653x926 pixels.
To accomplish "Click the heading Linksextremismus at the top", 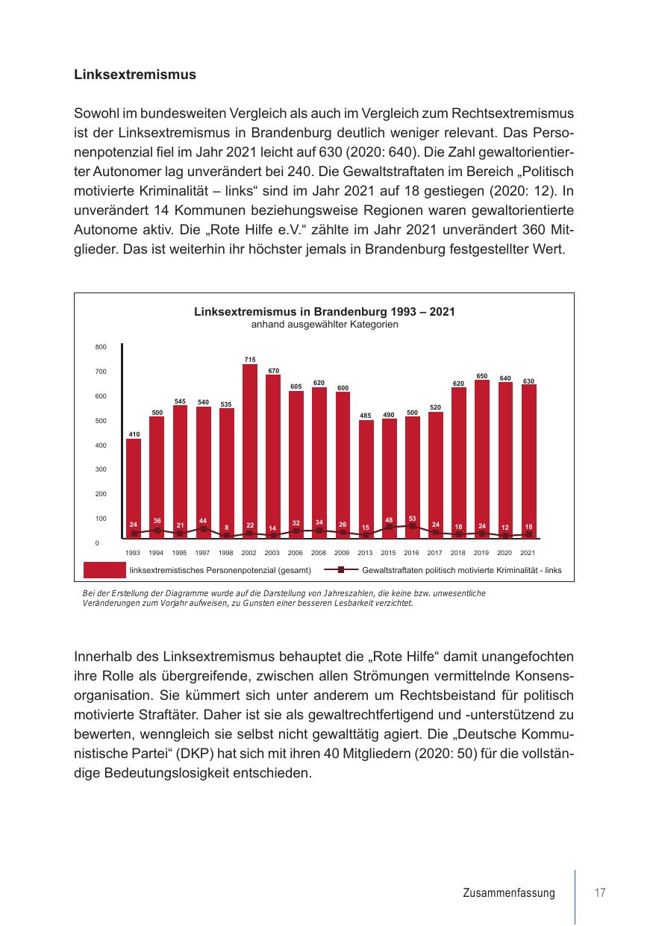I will tap(135, 75).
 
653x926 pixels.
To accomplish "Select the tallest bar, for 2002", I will tap(249, 448).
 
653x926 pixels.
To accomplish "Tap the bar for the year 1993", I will tap(134, 485).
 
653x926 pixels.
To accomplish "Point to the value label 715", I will tap(250, 360).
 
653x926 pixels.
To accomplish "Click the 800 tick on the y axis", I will tap(101, 347).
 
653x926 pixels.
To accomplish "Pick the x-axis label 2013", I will tap(365, 553).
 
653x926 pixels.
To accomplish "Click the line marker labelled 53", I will tap(412, 526).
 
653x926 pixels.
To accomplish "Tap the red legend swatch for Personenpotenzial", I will tap(104, 571).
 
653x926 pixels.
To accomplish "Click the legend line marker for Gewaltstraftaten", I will tap(340, 571).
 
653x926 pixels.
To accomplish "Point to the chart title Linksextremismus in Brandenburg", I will tap(325, 312).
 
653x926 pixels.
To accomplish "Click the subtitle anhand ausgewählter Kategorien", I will tap(325, 325).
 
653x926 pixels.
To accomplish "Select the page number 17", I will tap(599, 893).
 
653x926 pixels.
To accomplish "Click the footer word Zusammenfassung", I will tap(509, 893).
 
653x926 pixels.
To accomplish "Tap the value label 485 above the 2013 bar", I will tap(365, 415).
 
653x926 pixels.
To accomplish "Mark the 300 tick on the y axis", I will tap(101, 469).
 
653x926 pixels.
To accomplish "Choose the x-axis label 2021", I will tap(528, 553).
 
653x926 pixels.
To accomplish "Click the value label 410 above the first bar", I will tap(134, 434).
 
